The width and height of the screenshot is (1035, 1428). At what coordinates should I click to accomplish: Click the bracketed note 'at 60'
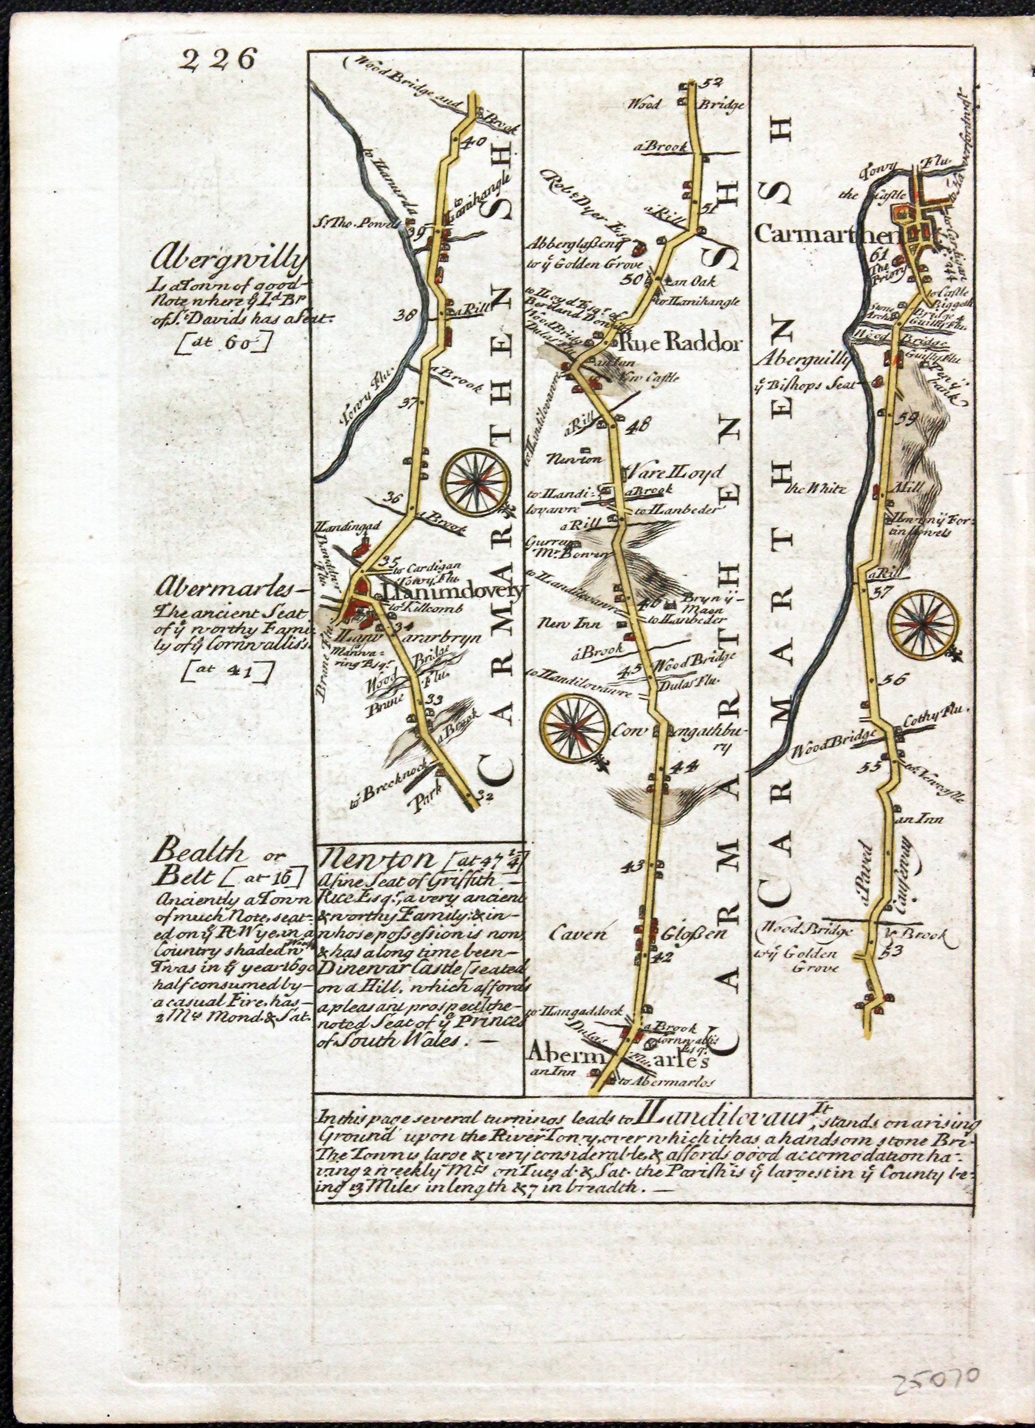tap(225, 344)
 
